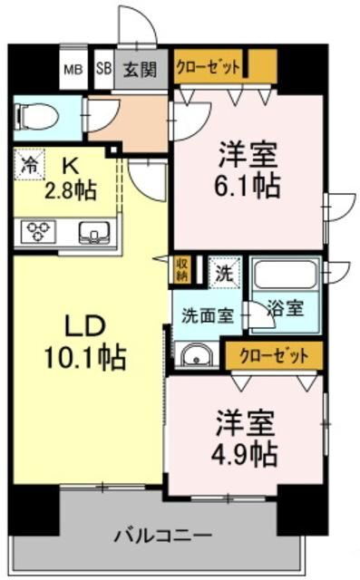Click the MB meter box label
coord(72,67)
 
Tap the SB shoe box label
coord(102,67)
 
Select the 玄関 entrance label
coord(140,67)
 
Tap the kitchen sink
coord(93,233)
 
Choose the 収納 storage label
coord(182,269)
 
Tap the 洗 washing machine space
coord(223,270)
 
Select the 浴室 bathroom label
coord(287,309)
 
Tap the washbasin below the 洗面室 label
coord(194,355)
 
